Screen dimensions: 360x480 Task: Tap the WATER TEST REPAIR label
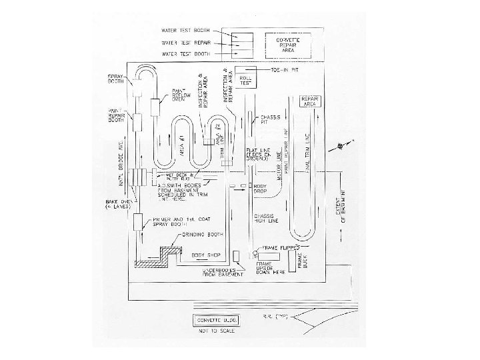coord(185,42)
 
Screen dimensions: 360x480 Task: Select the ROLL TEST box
coord(247,79)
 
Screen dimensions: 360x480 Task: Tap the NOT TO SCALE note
coord(218,331)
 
